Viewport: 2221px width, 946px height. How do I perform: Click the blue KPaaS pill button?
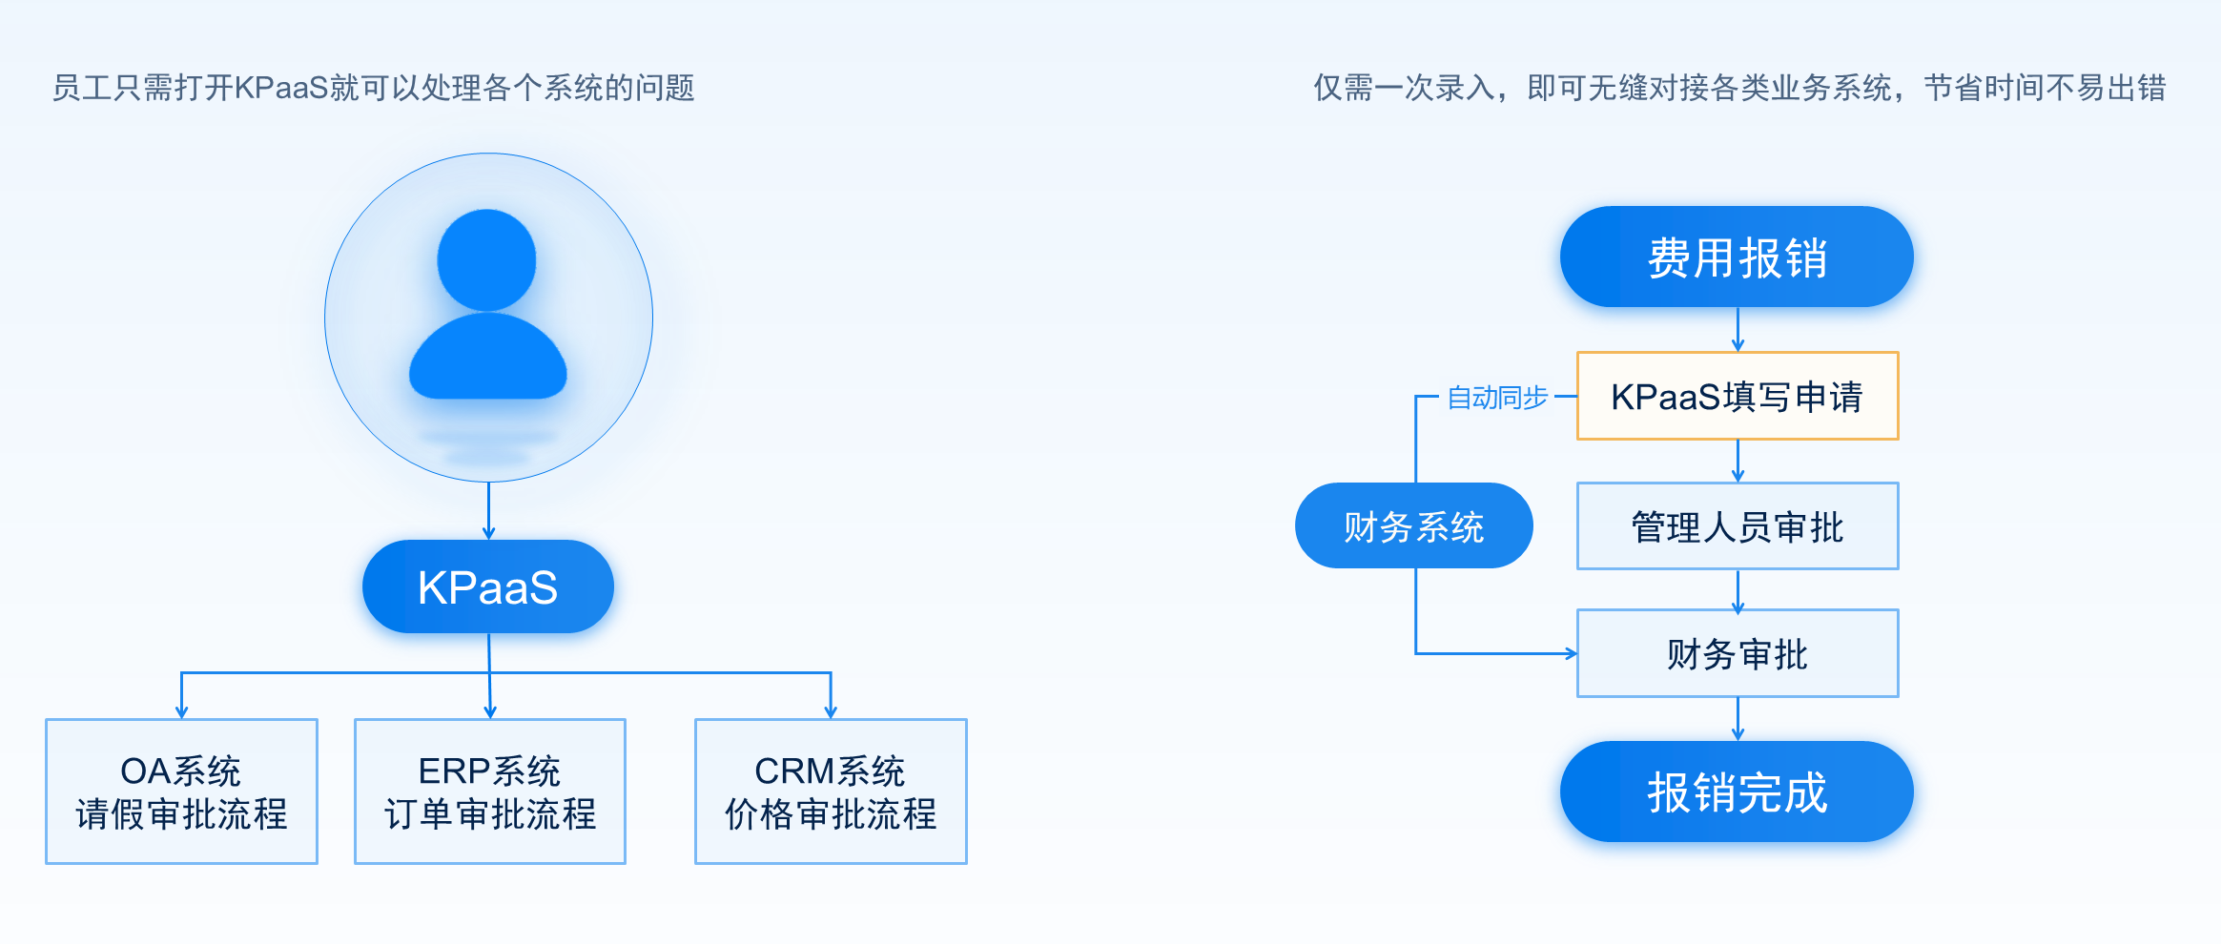(487, 586)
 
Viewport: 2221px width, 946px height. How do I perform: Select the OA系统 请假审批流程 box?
(181, 792)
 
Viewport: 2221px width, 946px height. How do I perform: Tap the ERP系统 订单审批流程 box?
(490, 792)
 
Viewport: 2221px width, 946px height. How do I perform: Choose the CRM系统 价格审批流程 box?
(831, 792)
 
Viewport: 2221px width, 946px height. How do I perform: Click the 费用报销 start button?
(1737, 257)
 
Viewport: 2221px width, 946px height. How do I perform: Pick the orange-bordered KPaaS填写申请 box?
(1737, 397)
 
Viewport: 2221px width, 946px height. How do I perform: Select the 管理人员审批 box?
(1737, 526)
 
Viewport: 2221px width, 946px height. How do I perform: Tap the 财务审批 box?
(1737, 654)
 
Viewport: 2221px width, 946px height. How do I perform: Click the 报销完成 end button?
(1737, 792)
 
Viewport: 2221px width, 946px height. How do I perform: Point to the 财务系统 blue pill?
(1413, 526)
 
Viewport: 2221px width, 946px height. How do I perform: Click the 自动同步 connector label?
(1497, 397)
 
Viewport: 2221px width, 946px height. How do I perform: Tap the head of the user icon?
(487, 259)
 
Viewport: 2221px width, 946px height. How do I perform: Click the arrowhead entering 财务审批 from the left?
(1570, 654)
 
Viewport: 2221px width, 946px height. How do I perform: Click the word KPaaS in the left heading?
(281, 88)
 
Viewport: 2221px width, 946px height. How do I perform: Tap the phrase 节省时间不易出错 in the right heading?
(2045, 88)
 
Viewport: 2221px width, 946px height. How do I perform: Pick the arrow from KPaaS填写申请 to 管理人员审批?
(1738, 462)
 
